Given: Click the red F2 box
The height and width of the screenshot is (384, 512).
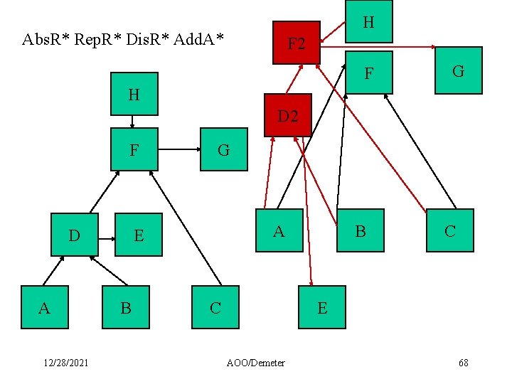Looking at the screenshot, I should point(297,43).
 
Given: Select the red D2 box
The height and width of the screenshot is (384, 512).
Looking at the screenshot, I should point(288,115).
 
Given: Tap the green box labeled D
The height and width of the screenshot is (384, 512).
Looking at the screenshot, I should point(75,235).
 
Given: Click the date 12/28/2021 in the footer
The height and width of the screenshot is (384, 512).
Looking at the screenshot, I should point(65,363).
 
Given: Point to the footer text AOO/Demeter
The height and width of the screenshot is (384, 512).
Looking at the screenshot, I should point(256,363).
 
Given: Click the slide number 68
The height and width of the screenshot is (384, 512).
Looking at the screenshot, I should point(463,363).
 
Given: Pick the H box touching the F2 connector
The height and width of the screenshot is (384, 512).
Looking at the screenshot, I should point(368,22).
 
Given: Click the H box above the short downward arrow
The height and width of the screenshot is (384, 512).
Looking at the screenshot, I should point(134,94).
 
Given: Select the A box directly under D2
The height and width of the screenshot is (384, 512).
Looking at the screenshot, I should point(279,230).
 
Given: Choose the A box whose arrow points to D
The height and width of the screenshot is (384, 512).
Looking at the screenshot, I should point(45,307).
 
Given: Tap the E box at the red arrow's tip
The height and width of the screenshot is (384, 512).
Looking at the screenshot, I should point(322,307).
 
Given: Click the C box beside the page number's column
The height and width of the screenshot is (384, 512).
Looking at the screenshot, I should point(450,230).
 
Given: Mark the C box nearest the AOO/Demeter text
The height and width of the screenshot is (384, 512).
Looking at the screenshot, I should point(215,307).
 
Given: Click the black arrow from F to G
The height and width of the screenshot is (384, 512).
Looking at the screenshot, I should point(178,150).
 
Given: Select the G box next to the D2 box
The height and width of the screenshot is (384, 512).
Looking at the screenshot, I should point(224,150).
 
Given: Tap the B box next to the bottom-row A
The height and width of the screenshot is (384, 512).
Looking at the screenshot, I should point(126,307).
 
